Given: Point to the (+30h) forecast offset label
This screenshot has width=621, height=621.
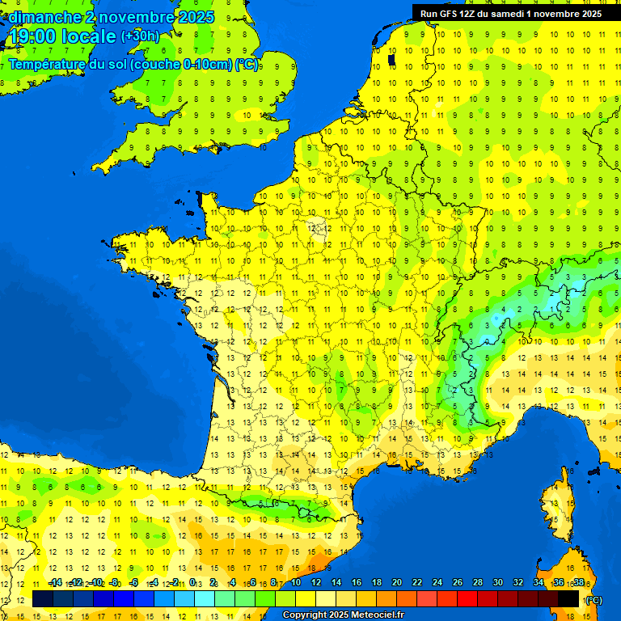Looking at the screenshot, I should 139,36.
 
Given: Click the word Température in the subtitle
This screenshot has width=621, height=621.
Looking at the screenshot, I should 47,64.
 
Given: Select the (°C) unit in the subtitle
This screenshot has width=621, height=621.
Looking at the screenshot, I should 247,64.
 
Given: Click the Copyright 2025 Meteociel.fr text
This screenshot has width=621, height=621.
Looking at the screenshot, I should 343,615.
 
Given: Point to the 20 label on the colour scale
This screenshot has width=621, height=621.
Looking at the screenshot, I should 397,583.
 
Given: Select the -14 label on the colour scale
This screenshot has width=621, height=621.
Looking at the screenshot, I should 55,583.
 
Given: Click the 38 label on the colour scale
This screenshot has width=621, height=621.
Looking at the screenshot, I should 578,583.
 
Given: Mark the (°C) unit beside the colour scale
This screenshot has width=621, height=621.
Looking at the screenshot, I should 594,599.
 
